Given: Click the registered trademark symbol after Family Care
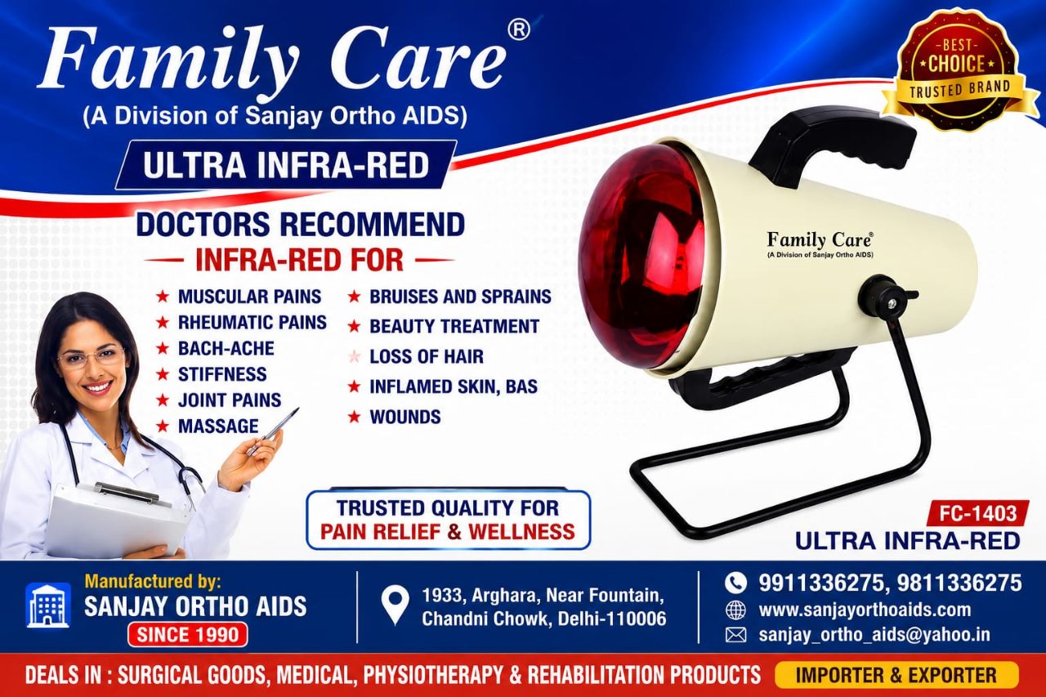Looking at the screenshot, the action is (518, 30).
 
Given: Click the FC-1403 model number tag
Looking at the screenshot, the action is (978, 514).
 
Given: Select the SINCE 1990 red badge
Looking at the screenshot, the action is (188, 635).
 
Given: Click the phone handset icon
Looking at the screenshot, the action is (735, 583).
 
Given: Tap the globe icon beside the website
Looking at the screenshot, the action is (735, 610).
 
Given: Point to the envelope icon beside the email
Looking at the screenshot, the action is (735, 635).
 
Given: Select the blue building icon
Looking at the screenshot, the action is (48, 605).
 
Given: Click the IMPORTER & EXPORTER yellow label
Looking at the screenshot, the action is (896, 675).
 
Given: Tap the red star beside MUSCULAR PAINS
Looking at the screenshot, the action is (163, 296).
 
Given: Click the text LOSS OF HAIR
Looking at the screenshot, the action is (427, 356).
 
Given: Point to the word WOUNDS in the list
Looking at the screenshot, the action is (405, 417).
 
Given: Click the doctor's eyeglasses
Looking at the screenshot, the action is (91, 357).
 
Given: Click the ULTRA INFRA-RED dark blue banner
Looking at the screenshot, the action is (286, 165).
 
